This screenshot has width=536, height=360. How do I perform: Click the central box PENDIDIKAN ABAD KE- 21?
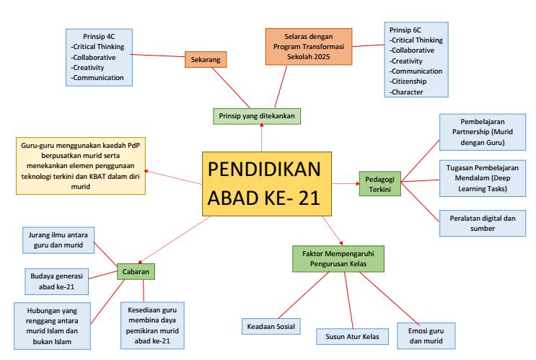(266, 184)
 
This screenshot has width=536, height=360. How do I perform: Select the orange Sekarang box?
(206, 59)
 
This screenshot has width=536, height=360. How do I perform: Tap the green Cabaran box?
(136, 272)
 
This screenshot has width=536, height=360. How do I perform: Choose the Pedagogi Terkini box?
(379, 183)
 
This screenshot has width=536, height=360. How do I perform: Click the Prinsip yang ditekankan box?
(257, 115)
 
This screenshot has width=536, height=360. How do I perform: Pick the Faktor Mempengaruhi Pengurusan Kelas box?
(338, 258)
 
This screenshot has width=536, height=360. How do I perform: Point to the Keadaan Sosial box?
(270, 327)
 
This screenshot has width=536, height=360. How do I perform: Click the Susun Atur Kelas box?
(352, 336)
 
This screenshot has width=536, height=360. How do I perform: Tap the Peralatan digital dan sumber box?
(478, 223)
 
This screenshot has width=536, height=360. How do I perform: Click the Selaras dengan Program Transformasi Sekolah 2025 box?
(308, 46)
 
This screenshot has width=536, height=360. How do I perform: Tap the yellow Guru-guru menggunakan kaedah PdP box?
(79, 166)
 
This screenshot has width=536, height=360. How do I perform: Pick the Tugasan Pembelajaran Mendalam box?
(480, 177)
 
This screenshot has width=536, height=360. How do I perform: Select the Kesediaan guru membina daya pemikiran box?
(152, 324)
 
